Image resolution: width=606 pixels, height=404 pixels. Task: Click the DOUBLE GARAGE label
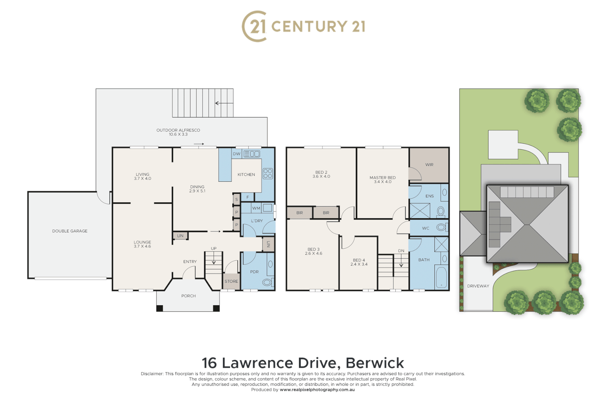point(70,231)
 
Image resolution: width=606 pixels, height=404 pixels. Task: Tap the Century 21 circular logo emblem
point(255,26)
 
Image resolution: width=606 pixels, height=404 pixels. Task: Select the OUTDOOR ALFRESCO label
point(178,130)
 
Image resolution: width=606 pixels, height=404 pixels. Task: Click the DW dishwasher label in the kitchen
point(236,154)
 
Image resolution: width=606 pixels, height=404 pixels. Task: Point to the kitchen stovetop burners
point(268,174)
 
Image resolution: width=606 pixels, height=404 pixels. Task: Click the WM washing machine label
point(256,208)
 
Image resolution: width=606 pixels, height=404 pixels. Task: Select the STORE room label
point(231,281)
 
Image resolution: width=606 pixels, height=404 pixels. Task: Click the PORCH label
point(189,296)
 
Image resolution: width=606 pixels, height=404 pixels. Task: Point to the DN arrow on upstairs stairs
point(401,262)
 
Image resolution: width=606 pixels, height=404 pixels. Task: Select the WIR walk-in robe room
point(429,165)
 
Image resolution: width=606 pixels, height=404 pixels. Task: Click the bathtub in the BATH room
point(441,278)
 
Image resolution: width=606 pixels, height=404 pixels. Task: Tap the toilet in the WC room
point(441,227)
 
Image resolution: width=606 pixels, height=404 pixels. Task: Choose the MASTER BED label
point(382,178)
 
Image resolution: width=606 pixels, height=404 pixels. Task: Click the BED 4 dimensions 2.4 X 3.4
point(359,264)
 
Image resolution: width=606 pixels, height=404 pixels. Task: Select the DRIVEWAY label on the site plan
point(478,286)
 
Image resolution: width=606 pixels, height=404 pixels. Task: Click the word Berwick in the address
point(374,363)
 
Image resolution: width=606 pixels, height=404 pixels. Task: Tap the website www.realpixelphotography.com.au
point(317,390)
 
